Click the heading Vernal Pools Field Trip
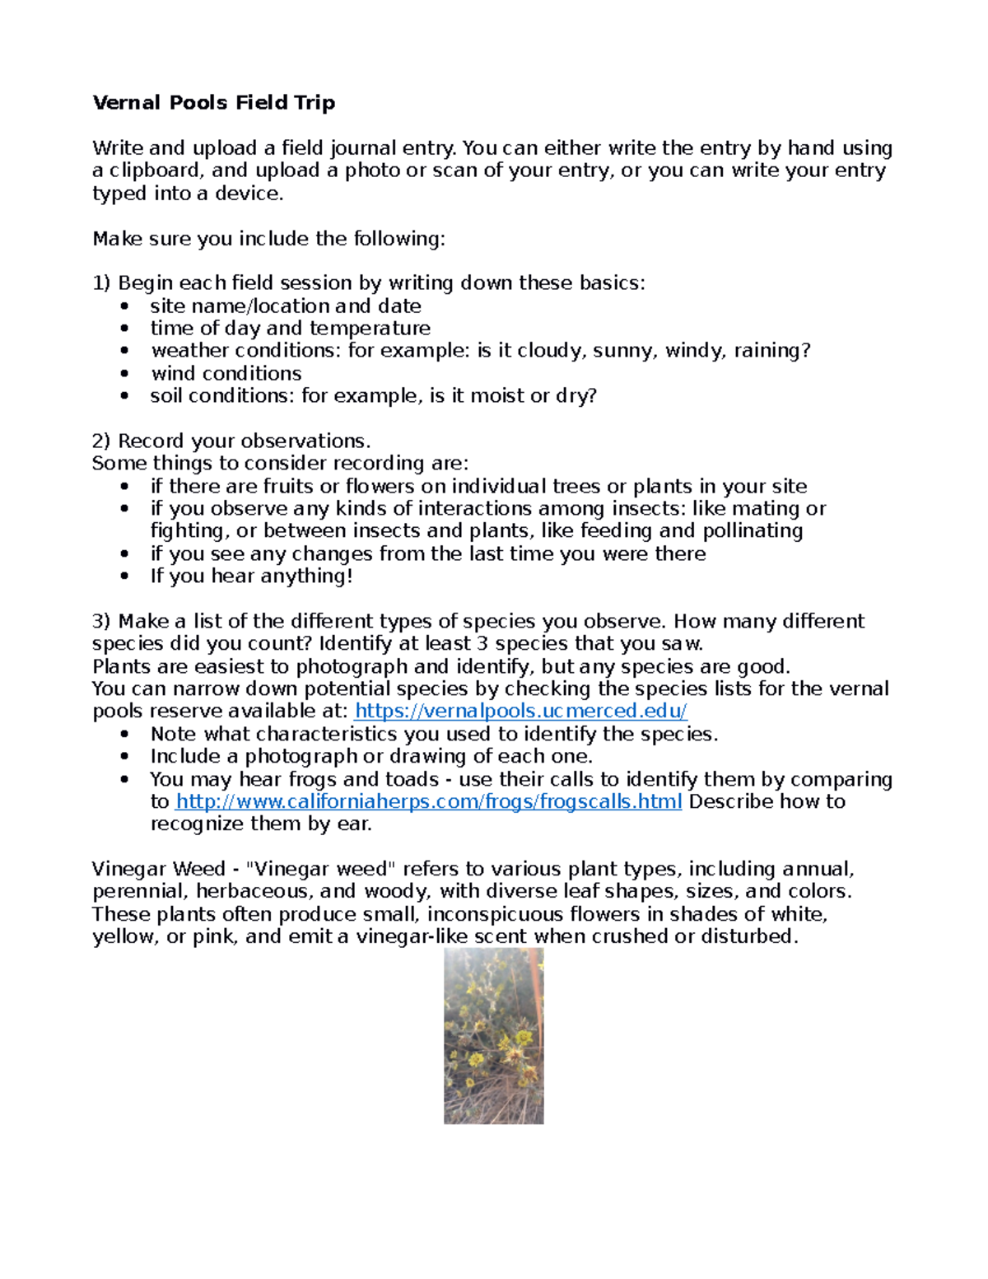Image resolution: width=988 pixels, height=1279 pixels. coord(213,103)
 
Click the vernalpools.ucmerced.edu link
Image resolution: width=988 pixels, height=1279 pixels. coord(520,711)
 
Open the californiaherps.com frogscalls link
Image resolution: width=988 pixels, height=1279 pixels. coord(429,801)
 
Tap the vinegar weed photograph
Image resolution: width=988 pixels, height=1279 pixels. coord(493,1035)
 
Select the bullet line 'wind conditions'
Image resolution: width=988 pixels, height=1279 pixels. coord(226,373)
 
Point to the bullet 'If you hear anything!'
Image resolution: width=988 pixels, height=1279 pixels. coord(251,576)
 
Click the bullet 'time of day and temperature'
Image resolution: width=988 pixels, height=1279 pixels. coord(290,328)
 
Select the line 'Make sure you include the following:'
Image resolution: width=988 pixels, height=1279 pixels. coord(268,239)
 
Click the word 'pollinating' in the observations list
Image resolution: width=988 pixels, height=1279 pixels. coord(753,530)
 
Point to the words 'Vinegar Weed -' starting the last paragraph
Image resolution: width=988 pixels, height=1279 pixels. coord(165,869)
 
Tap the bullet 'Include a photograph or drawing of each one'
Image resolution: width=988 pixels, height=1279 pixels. coord(370,756)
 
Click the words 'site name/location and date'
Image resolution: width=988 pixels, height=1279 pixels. coord(286,306)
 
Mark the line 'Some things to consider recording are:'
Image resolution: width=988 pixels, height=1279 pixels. coord(280,463)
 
